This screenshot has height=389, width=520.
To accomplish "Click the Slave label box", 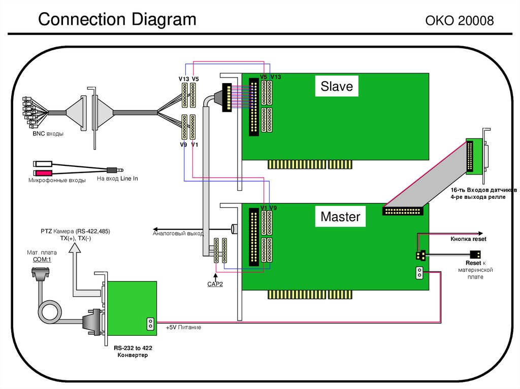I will pyautogui.click(x=336, y=87).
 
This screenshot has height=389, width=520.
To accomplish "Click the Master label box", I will pyautogui.click(x=340, y=217).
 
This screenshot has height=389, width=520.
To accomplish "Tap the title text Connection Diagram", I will pyautogui.click(x=117, y=20).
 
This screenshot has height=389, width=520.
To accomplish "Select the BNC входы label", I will pyautogui.click(x=48, y=134).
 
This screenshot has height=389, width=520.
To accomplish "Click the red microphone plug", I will pyautogui.click(x=42, y=173).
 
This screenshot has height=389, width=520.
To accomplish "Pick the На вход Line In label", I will pyautogui.click(x=117, y=179).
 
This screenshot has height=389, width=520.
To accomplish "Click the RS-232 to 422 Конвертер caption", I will pyautogui.click(x=133, y=352).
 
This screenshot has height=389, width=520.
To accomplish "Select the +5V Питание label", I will pyautogui.click(x=183, y=328).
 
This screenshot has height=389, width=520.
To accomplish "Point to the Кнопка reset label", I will pyautogui.click(x=468, y=238).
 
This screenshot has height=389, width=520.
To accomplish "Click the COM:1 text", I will pyautogui.click(x=42, y=259).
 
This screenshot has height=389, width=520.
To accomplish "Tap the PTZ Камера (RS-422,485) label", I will pyautogui.click(x=75, y=231).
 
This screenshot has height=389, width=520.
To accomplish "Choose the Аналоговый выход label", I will pyautogui.click(x=178, y=234).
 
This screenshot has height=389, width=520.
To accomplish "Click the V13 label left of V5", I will pyautogui.click(x=183, y=79).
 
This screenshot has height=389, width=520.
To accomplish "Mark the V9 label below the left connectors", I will pyautogui.click(x=183, y=145).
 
